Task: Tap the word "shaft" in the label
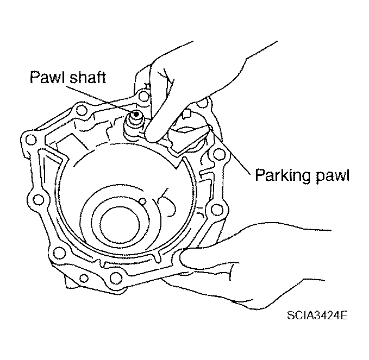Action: [x=88, y=77]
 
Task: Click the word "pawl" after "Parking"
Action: [x=332, y=175]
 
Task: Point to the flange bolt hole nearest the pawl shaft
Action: [x=143, y=97]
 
